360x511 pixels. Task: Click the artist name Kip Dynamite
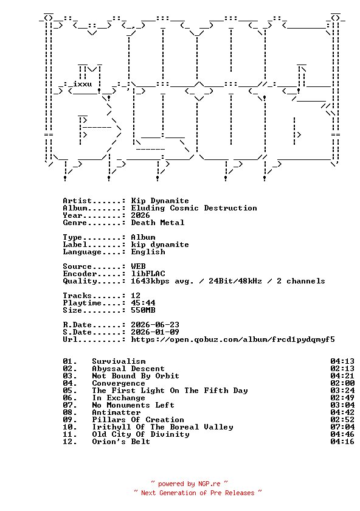pyautogui.click(x=160, y=201)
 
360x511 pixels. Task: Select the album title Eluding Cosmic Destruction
pyautogui.click(x=194, y=208)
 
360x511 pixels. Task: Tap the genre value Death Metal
pyautogui.click(x=157, y=223)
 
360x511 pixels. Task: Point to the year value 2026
pyautogui.click(x=140, y=215)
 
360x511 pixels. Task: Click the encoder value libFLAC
pyautogui.click(x=148, y=274)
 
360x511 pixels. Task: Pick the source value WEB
pyautogui.click(x=138, y=266)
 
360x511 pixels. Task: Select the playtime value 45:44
pyautogui.click(x=143, y=303)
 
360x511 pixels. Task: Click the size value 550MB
pyautogui.click(x=143, y=310)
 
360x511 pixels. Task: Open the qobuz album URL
pyautogui.click(x=233, y=339)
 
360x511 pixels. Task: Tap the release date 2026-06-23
pyautogui.click(x=155, y=325)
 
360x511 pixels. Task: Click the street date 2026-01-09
pyautogui.click(x=155, y=332)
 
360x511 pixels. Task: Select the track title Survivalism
pyautogui.click(x=119, y=361)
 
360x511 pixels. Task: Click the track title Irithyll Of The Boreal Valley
pyautogui.click(x=162, y=427)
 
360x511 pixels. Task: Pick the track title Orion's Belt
pyautogui.click(x=121, y=442)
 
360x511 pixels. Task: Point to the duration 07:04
pyautogui.click(x=342, y=427)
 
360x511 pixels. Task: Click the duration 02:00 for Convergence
pyautogui.click(x=342, y=383)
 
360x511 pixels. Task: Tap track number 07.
pyautogui.click(x=70, y=405)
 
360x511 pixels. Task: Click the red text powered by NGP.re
pyautogui.click(x=189, y=484)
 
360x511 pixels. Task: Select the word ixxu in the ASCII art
pyautogui.click(x=83, y=84)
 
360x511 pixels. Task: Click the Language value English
pyautogui.click(x=148, y=252)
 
